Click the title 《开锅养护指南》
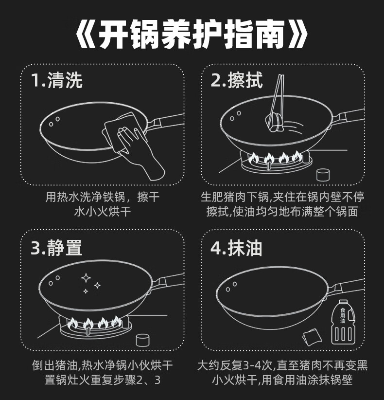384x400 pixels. [x=192, y=34]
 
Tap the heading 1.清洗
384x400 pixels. [x=57, y=80]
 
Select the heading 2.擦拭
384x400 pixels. [x=237, y=80]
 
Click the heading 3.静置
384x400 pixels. [x=56, y=248]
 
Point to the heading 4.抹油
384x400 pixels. [x=236, y=248]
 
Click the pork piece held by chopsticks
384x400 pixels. [x=275, y=123]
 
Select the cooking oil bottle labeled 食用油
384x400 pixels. [x=343, y=322]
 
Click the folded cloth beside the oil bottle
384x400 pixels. [x=312, y=337]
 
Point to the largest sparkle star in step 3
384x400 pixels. [x=86, y=278]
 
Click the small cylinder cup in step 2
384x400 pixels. [x=323, y=175]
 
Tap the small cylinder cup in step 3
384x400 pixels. [x=143, y=340]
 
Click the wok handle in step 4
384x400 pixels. [x=346, y=287]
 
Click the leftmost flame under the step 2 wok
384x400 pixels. [x=253, y=158]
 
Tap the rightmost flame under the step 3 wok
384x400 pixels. [x=117, y=322]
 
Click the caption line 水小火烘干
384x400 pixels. [x=103, y=212]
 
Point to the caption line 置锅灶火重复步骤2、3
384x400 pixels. [x=103, y=380]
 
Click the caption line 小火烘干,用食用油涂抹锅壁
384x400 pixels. [x=282, y=380]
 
